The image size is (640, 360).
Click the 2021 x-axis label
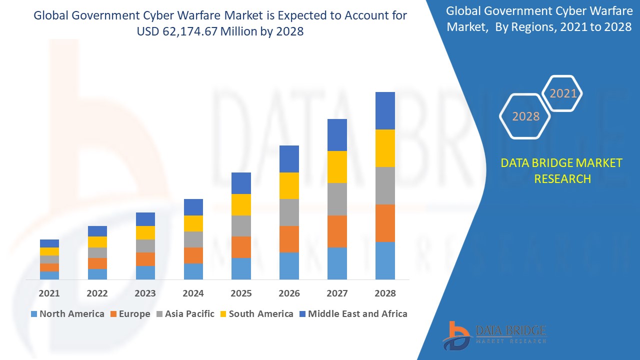click(x=49, y=293)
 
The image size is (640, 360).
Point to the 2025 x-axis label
click(x=241, y=293)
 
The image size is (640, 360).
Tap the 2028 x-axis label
click(x=385, y=293)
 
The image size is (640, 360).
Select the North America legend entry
click(x=67, y=314)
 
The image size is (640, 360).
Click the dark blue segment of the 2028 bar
click(x=385, y=110)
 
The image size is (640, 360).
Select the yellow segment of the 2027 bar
click(x=337, y=167)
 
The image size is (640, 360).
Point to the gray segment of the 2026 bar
click(x=289, y=212)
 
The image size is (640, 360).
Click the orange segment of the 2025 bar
click(x=241, y=247)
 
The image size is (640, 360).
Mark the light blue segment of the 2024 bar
click(x=193, y=271)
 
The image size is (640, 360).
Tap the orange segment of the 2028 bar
click(x=385, y=223)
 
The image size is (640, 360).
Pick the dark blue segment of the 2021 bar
click(x=49, y=243)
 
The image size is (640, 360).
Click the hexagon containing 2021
click(x=562, y=93)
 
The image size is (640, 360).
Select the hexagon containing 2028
click(x=525, y=116)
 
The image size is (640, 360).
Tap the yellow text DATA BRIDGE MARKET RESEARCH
click(x=562, y=170)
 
